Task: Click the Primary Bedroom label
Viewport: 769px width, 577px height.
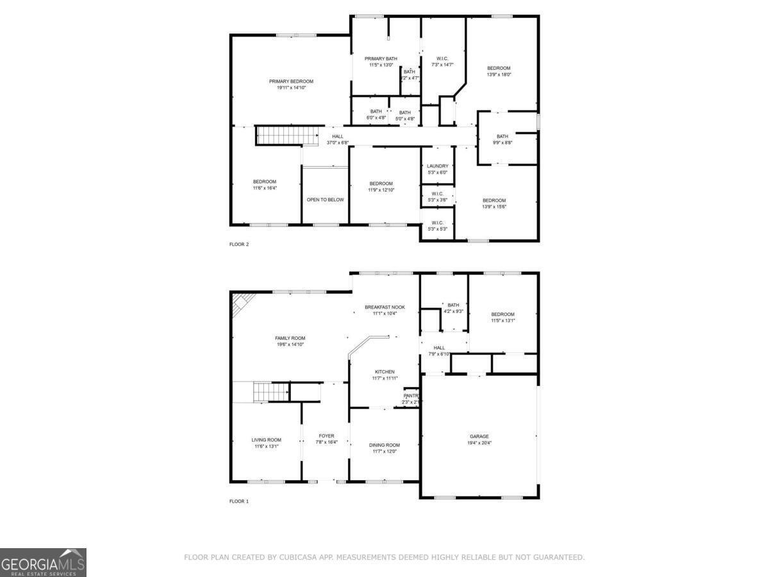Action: click(x=291, y=81)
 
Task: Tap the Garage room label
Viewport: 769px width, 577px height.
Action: click(x=479, y=436)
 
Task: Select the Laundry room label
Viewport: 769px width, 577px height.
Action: click(x=438, y=166)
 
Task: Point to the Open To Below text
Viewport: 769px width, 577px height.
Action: click(x=325, y=200)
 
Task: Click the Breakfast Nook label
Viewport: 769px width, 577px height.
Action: click(x=384, y=307)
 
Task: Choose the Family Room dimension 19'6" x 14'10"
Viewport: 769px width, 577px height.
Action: click(x=290, y=345)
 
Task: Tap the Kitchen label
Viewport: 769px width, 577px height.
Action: click(x=384, y=372)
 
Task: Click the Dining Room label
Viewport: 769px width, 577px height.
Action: click(x=384, y=445)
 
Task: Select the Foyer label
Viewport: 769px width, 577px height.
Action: click(x=326, y=436)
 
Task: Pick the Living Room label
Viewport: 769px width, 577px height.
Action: click(x=266, y=440)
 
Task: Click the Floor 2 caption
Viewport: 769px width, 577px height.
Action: click(x=239, y=244)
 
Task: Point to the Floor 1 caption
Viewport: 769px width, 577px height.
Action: click(x=239, y=501)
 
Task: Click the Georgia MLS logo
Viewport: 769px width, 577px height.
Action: click(x=43, y=562)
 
